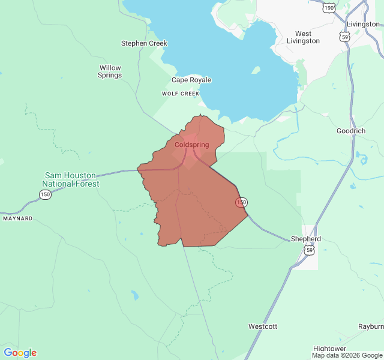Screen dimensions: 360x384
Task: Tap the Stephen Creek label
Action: pos(144,43)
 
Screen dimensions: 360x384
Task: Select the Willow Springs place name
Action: pos(110,71)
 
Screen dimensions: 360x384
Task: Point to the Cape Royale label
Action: pos(191,80)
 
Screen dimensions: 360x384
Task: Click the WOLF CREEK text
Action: pos(180,94)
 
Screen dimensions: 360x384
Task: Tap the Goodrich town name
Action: pos(350,131)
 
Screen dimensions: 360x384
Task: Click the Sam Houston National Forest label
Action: pos(70,179)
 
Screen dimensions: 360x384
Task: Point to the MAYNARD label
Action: pos(18,218)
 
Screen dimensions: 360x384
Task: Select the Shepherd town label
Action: pos(306,239)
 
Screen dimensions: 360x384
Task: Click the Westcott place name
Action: pos(263,326)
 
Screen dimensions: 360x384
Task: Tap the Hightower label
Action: pos(329,349)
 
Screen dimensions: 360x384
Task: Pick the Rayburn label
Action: pos(371,326)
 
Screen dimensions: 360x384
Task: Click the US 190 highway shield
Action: pos(328,8)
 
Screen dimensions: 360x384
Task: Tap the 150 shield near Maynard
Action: pos(45,194)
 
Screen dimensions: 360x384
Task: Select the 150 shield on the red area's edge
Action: pos(241,202)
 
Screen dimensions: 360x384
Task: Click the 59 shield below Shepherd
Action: pos(308,250)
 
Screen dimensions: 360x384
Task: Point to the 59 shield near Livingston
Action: pos(344,37)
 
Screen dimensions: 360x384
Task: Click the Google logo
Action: pos(20,353)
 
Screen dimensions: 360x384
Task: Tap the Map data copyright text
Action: pos(347,355)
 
